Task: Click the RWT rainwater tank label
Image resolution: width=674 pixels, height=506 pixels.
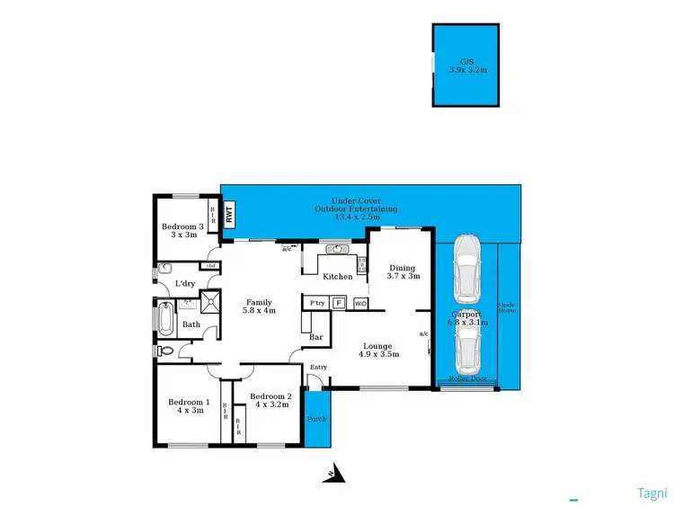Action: pyautogui.click(x=229, y=216)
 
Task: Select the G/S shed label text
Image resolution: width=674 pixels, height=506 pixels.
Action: pyautogui.click(x=466, y=64)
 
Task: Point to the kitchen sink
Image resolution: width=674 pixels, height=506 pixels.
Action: pyautogui.click(x=340, y=250)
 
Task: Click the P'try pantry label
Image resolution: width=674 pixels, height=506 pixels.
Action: pyautogui.click(x=316, y=304)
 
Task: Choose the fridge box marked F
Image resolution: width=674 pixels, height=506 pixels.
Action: pyautogui.click(x=339, y=304)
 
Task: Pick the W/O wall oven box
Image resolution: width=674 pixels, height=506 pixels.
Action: pyautogui.click(x=360, y=304)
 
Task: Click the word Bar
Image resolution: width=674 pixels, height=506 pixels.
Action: pyautogui.click(x=315, y=338)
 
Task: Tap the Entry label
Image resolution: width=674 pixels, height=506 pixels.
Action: pyautogui.click(x=318, y=367)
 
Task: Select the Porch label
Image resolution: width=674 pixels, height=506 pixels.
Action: pyautogui.click(x=317, y=420)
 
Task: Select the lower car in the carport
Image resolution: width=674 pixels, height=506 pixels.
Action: pyautogui.click(x=466, y=350)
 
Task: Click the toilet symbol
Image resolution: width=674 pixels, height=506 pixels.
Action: pyautogui.click(x=164, y=350)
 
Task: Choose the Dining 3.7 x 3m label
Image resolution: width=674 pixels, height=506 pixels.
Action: pyautogui.click(x=403, y=271)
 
